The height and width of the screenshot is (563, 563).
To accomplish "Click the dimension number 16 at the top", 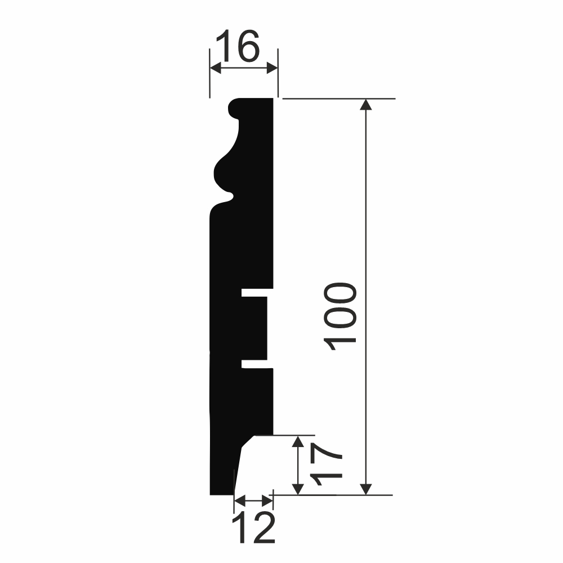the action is coord(238,46).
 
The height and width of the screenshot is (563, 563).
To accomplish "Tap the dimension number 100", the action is coord(340,316).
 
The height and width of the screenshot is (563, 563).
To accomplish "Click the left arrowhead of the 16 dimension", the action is coord(216,68).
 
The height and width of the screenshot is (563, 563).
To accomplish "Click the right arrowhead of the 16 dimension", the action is coord(272,68).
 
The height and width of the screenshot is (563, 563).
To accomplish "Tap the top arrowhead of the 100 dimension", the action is coord(366,104).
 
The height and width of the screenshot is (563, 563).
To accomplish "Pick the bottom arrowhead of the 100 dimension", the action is coord(366,489).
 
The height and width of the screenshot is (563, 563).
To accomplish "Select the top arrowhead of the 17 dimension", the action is coord(298,441).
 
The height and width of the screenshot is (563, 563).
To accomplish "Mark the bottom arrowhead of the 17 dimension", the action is coord(298,489).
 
